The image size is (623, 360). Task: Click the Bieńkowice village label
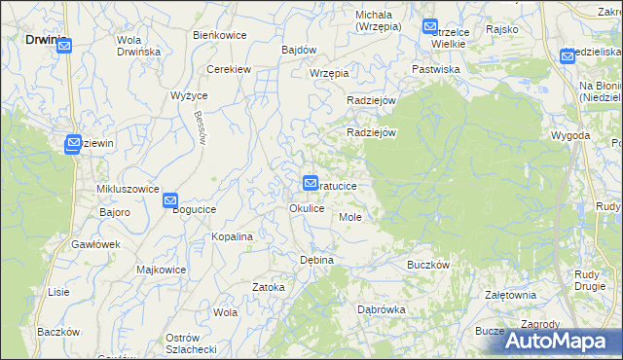[x=219, y=35]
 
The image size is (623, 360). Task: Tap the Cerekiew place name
[x=230, y=69]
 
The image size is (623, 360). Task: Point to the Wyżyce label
[x=189, y=95]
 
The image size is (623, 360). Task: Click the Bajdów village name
[x=299, y=50]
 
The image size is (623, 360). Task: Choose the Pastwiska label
[x=435, y=69]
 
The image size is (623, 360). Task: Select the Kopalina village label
[x=233, y=236]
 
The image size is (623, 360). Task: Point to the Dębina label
[x=316, y=261]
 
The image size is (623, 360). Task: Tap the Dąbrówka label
[x=382, y=309]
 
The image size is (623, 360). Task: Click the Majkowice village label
[x=162, y=270]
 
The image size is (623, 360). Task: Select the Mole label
[x=350, y=217]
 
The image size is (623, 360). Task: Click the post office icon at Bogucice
[x=170, y=201]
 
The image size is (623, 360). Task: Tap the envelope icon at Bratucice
[x=311, y=182]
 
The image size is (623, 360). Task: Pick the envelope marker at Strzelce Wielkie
[x=430, y=27]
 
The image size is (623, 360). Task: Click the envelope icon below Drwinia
[x=64, y=45]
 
